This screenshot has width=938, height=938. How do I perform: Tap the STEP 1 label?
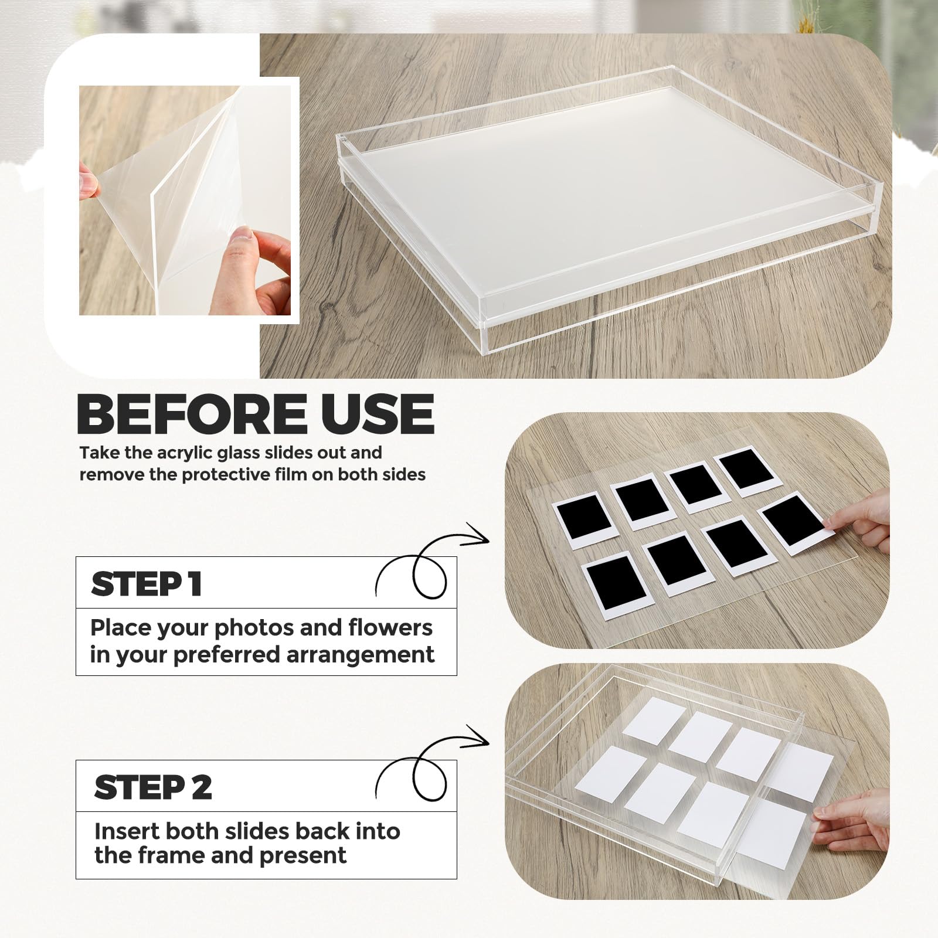[147, 584]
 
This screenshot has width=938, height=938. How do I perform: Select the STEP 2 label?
[153, 787]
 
